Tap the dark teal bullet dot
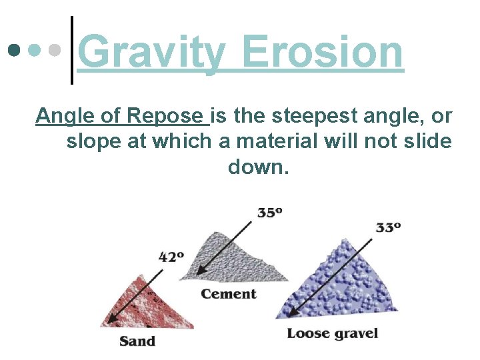point(14,50)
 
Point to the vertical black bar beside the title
point(71,50)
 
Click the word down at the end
point(259,166)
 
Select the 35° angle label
point(269,213)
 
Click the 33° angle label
point(388,227)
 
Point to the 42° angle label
point(171,256)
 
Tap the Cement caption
point(229,294)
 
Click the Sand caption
point(137,341)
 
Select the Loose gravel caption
point(332,333)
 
